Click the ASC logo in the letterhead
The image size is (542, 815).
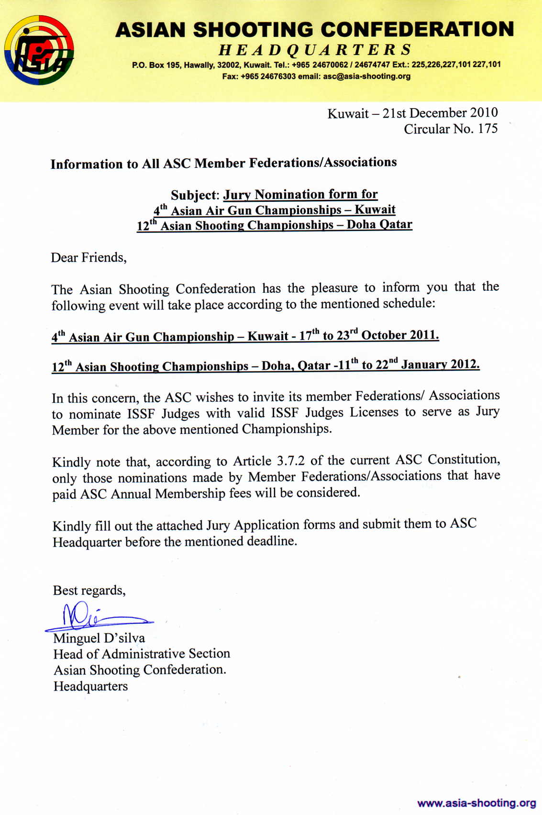(x=39, y=50)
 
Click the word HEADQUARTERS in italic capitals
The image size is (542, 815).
(x=315, y=50)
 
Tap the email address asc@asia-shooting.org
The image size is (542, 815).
(x=366, y=76)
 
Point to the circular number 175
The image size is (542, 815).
(x=487, y=129)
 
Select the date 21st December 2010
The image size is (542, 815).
(x=440, y=113)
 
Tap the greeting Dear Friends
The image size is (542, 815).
(x=88, y=258)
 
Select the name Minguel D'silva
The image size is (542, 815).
(x=99, y=638)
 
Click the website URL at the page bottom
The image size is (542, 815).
(x=476, y=802)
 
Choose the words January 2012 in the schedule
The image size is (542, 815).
(x=440, y=364)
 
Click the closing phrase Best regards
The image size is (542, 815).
(x=89, y=591)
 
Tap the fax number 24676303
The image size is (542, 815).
(x=278, y=76)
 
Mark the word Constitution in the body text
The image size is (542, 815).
(x=464, y=459)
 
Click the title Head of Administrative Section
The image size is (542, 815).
(x=142, y=654)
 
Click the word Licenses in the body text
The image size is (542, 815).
(x=374, y=412)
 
